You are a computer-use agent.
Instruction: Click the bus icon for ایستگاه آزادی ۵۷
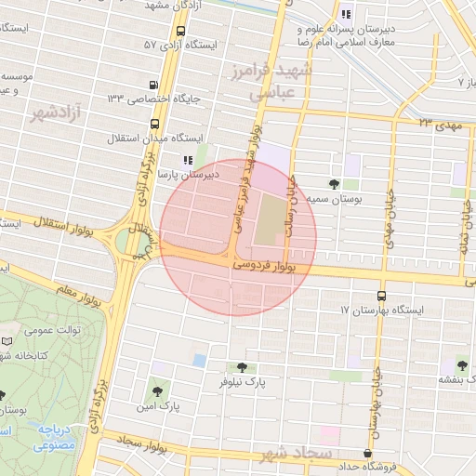click(153, 45)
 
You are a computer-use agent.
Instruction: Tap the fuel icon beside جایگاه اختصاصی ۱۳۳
click(153, 96)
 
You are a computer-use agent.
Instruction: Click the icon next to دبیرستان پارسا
click(188, 161)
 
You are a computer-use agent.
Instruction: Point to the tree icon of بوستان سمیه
click(334, 183)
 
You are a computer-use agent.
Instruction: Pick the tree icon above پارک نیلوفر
click(243, 368)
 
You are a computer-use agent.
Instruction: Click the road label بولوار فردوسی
click(268, 266)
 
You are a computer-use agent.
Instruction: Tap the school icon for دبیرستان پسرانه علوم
click(346, 14)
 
